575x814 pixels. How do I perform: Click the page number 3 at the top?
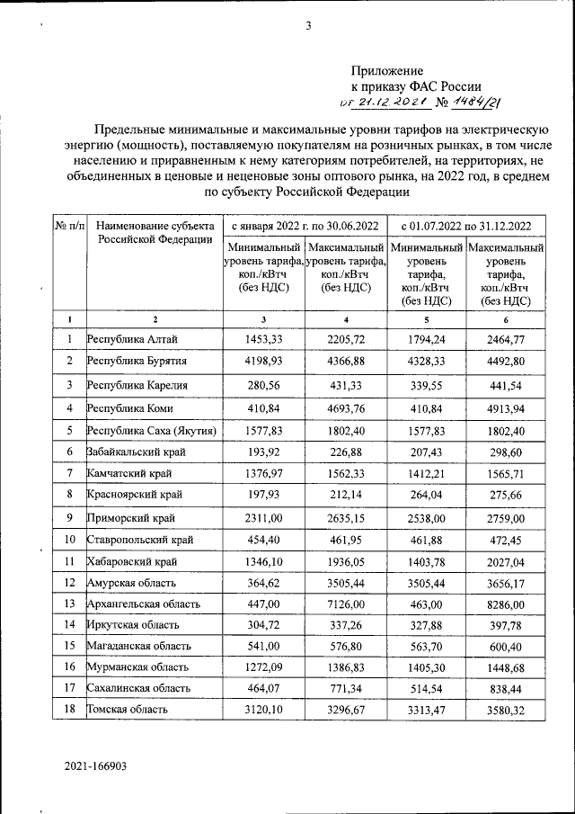[307, 26]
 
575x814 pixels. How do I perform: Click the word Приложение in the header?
[385, 69]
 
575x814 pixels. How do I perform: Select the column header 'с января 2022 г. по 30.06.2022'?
[305, 225]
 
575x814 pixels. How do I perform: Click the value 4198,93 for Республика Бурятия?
[263, 361]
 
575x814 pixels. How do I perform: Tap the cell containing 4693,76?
[346, 407]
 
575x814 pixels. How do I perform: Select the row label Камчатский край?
[130, 472]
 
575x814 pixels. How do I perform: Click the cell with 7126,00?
[346, 604]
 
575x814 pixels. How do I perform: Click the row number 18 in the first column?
[68, 710]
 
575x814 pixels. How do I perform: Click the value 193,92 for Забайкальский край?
[263, 451]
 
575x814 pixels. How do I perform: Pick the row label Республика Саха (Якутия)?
[152, 430]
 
